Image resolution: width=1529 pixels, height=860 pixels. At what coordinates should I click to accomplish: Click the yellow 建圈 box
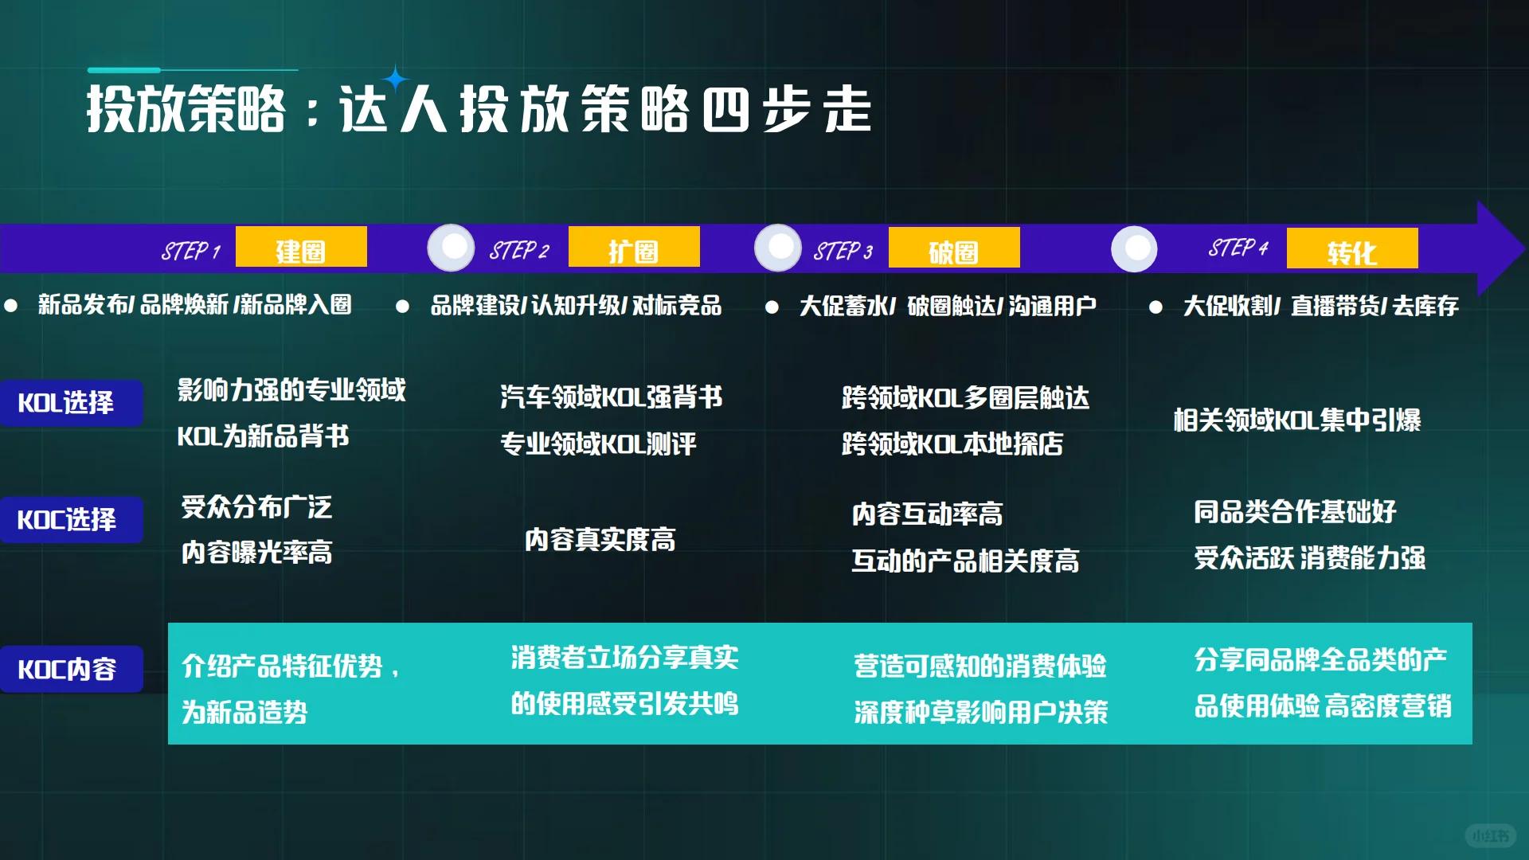[301, 248]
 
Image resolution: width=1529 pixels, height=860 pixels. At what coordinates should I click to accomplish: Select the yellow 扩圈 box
[634, 248]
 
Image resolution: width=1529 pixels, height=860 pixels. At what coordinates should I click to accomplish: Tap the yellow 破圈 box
[954, 248]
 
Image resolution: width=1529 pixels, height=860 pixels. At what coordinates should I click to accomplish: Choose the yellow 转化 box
[1352, 249]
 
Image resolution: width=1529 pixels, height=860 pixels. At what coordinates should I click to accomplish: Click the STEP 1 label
[191, 252]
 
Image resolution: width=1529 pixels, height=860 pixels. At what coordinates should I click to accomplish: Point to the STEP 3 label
[843, 252]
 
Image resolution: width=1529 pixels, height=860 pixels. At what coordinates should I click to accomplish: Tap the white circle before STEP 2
[452, 248]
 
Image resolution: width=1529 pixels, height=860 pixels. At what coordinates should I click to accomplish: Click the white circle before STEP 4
[1134, 248]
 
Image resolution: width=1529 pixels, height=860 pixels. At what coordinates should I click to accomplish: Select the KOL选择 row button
[71, 403]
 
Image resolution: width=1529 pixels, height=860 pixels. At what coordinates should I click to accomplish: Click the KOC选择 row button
[71, 520]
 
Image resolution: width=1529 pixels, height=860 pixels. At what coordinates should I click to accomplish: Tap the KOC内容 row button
[71, 669]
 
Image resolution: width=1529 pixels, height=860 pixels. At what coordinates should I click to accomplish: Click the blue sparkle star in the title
[395, 79]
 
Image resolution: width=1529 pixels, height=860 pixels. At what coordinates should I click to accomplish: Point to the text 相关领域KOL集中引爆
[1297, 420]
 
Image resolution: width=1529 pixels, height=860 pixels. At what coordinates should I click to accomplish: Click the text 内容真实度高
[600, 540]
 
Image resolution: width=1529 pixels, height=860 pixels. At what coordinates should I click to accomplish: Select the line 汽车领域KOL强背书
[612, 397]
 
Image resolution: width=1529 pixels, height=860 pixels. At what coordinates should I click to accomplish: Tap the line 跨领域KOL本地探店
[952, 444]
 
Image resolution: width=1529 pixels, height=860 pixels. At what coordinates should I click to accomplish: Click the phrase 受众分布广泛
[256, 506]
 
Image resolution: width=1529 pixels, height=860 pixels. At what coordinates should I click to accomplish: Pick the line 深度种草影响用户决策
[981, 712]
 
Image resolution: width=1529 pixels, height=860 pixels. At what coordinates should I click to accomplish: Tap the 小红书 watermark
[1490, 835]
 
